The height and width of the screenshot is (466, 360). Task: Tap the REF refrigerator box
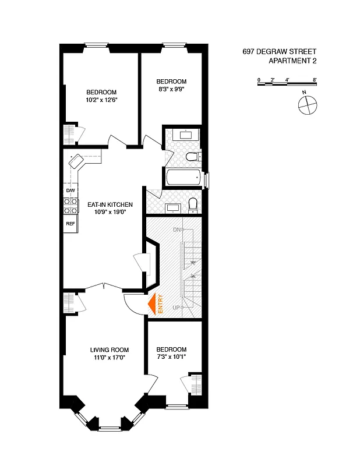(x=70, y=224)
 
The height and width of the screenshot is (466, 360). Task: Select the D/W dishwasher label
(x=70, y=191)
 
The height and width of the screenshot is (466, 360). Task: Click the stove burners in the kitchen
(x=70, y=206)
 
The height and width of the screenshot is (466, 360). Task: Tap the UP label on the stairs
(x=176, y=307)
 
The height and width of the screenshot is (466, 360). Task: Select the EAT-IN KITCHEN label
(x=110, y=204)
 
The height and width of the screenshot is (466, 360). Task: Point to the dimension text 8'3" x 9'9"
(x=171, y=90)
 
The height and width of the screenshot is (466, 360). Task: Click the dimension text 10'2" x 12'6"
(x=101, y=100)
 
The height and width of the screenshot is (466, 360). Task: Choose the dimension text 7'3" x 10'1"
(x=171, y=357)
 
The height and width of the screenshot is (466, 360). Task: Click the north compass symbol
(x=307, y=105)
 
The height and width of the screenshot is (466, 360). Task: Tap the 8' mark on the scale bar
(x=314, y=79)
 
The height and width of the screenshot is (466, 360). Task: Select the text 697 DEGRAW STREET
(x=280, y=52)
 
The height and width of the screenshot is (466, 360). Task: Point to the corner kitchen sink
(x=77, y=161)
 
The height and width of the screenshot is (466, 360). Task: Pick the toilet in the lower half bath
(x=193, y=204)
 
